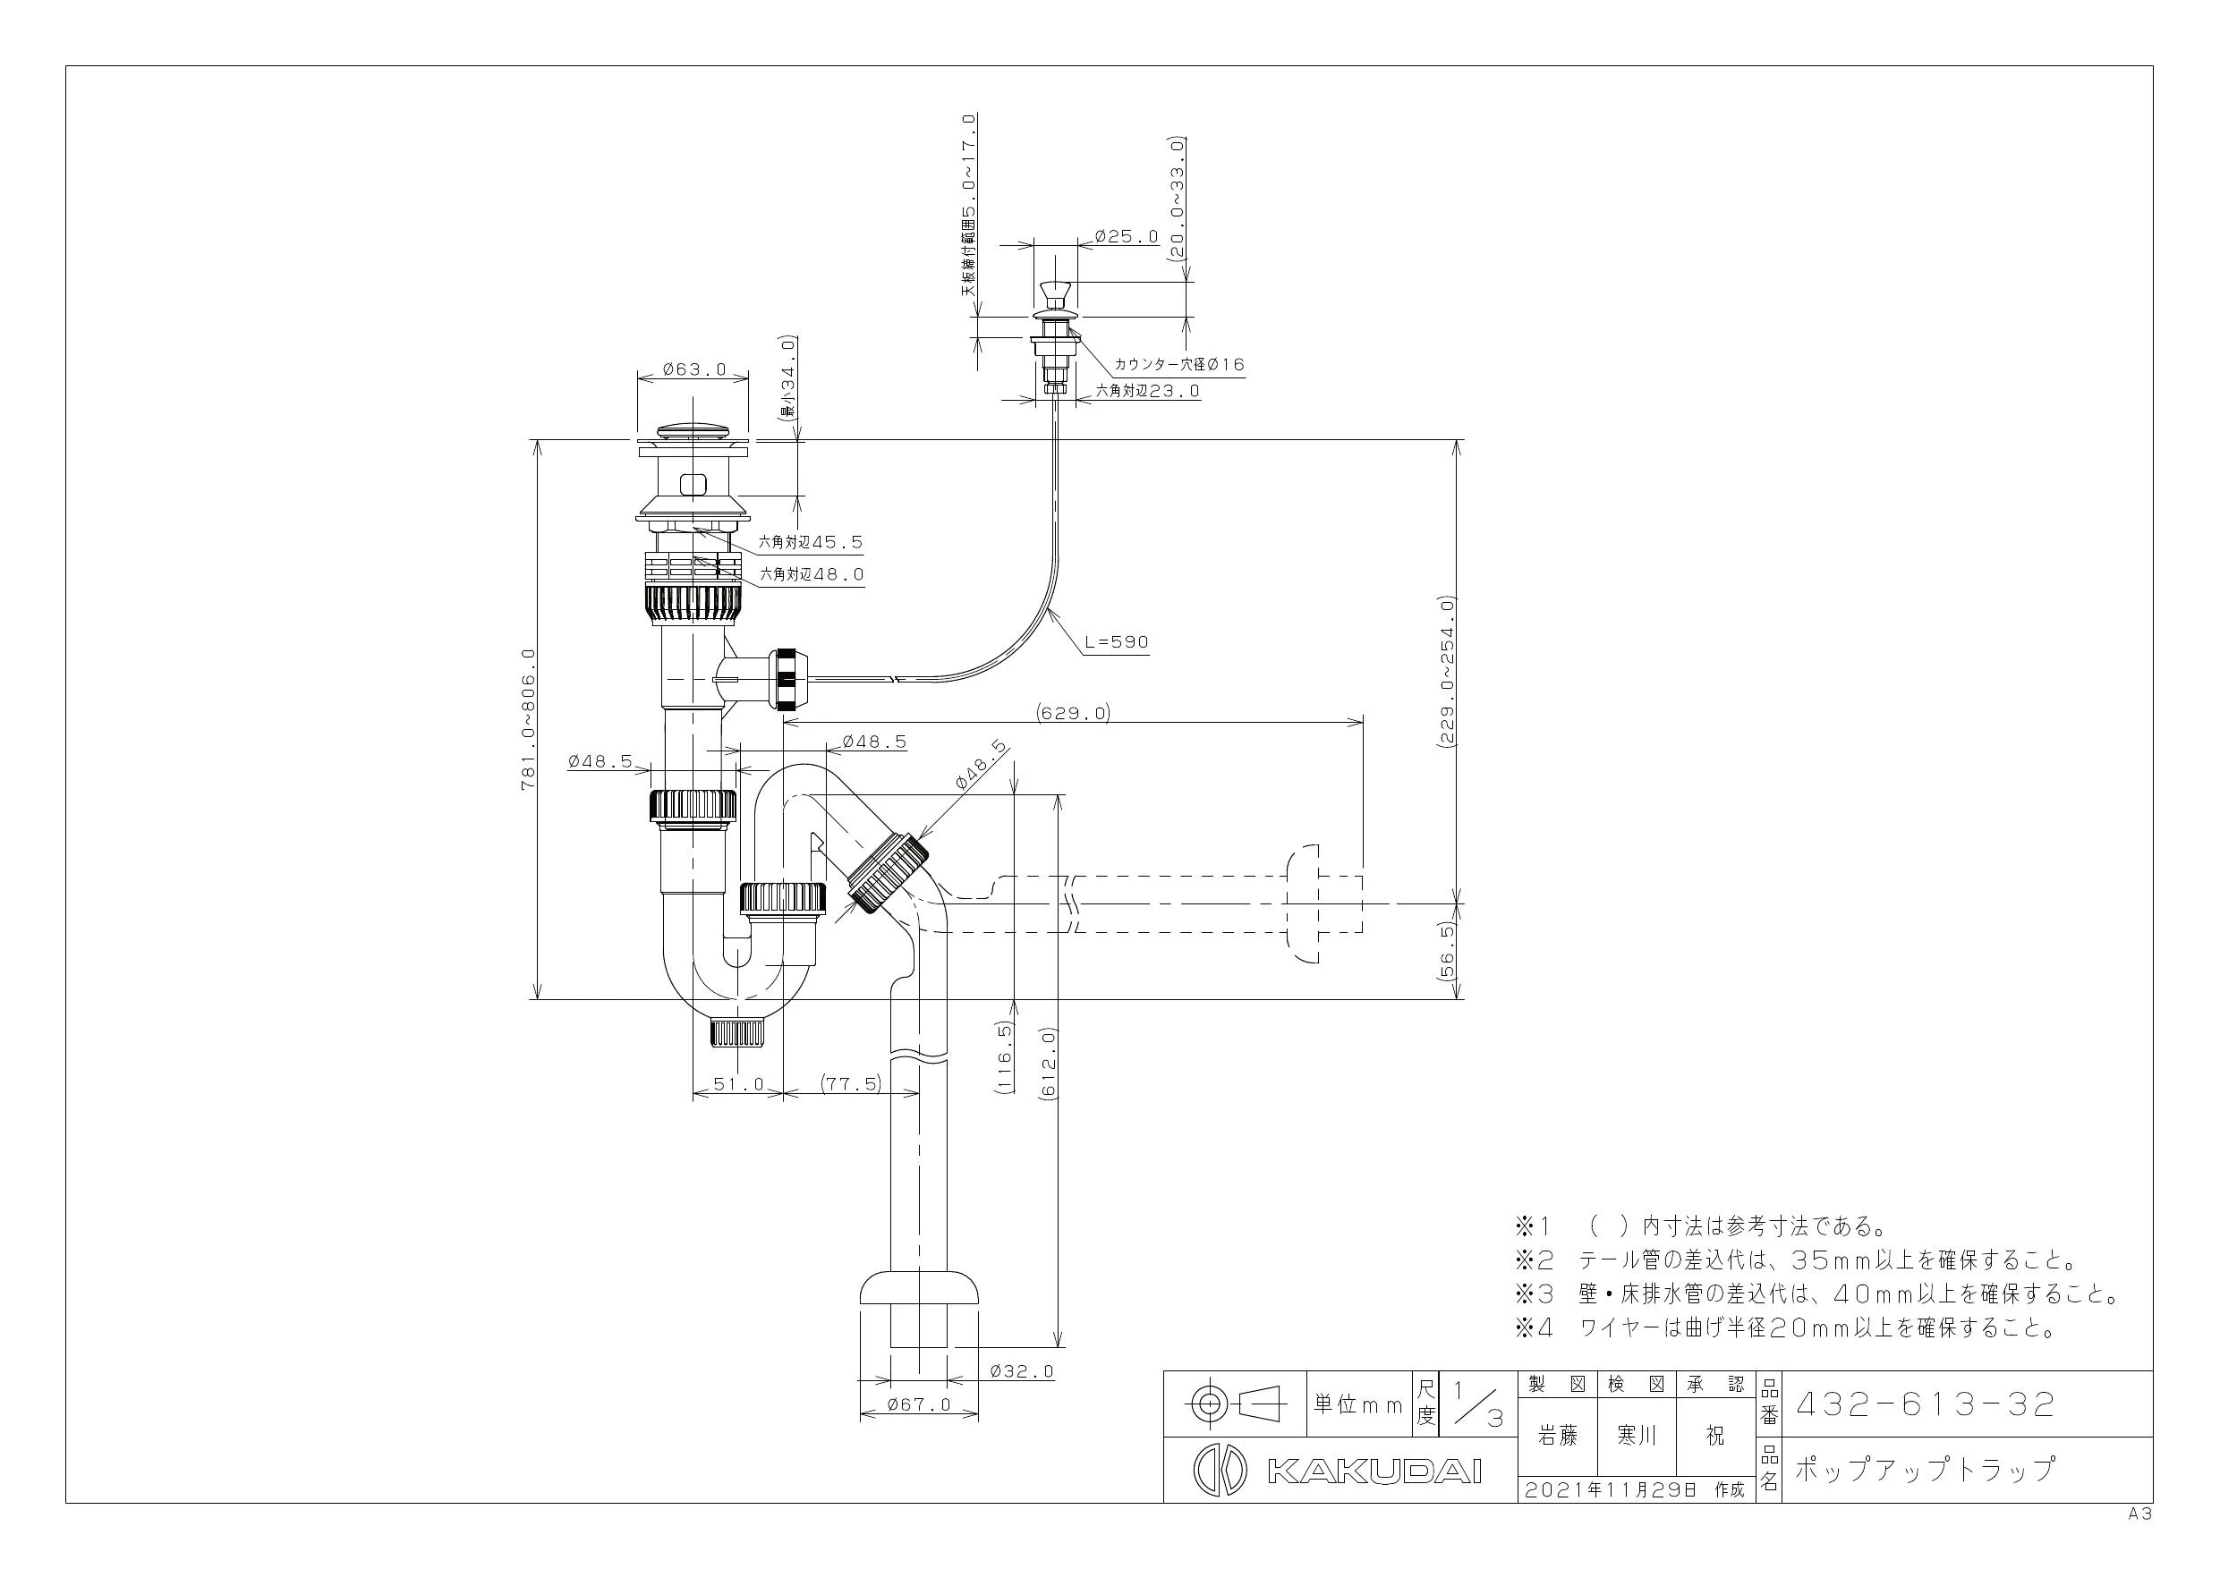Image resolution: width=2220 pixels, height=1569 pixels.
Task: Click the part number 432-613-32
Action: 1924,1404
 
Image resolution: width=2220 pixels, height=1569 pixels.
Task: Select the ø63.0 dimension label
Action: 694,369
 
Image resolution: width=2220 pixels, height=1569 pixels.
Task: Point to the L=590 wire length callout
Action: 1117,642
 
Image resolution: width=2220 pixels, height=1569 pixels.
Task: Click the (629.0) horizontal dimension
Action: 1073,714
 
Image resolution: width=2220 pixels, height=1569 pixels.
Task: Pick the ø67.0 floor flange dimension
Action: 920,1404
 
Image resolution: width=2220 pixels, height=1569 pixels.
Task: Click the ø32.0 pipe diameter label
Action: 1022,1370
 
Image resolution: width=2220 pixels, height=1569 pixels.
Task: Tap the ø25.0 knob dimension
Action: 1127,236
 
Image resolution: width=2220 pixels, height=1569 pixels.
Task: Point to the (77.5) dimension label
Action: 850,1083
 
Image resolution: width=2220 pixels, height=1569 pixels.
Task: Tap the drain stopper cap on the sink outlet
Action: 693,430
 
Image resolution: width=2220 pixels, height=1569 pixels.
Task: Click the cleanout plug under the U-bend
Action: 737,1032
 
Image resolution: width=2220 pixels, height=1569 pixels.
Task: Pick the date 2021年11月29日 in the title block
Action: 1610,1489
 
